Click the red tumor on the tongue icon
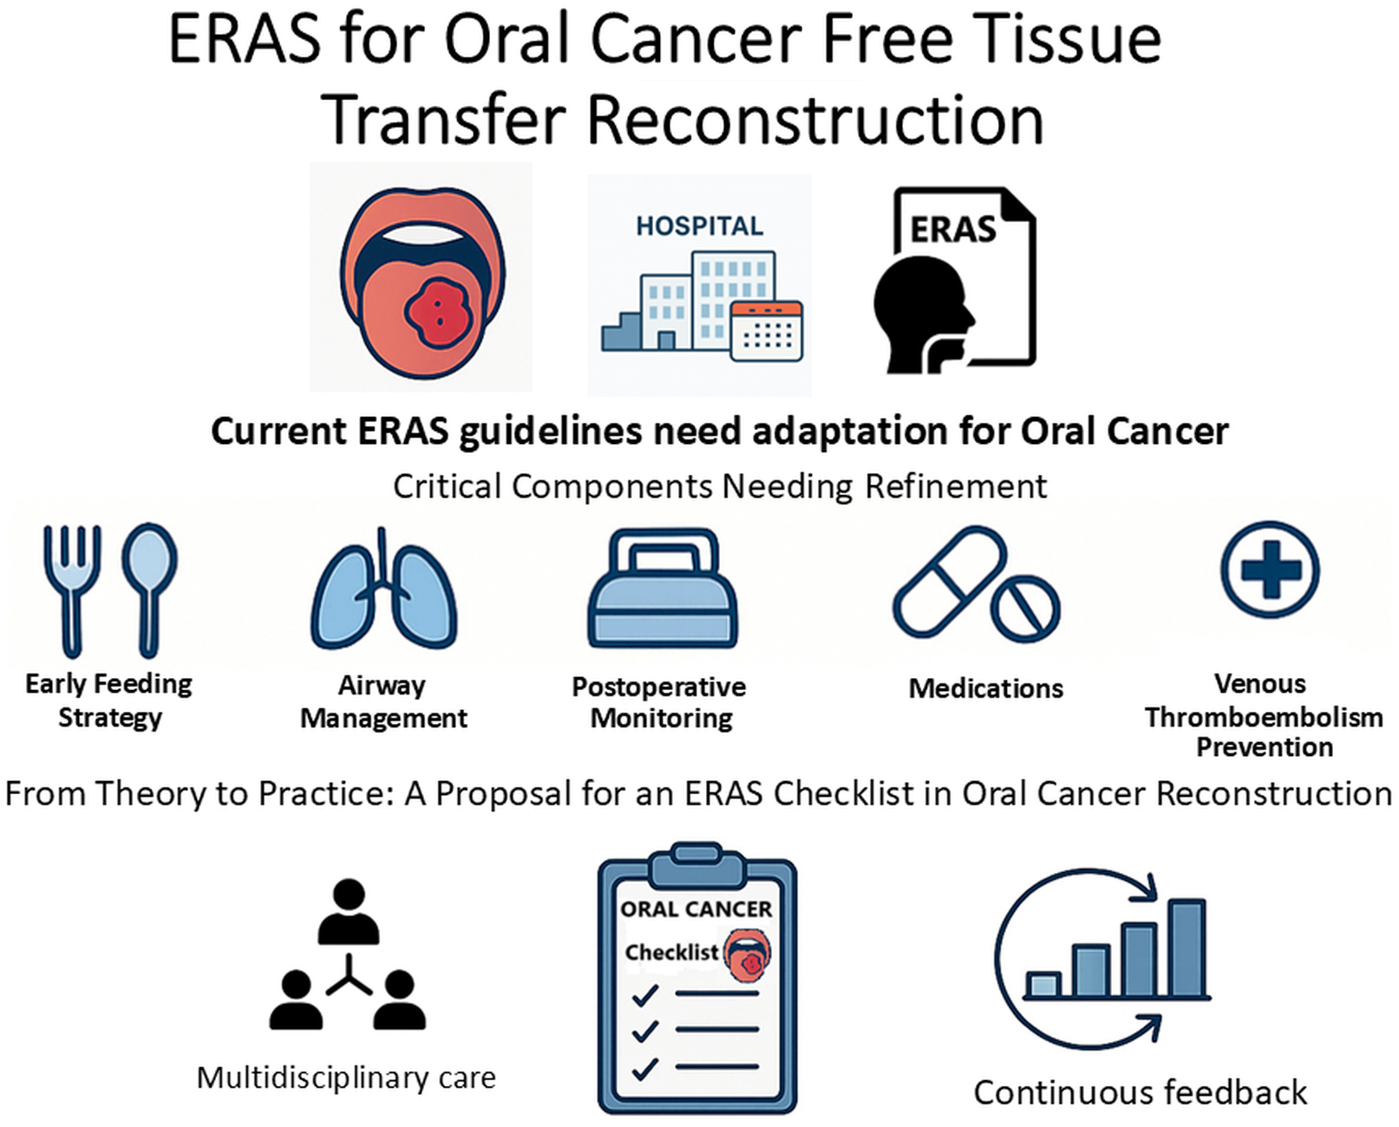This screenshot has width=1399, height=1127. click(x=437, y=313)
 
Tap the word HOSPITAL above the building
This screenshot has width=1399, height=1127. click(x=699, y=226)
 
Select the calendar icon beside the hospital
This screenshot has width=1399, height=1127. click(x=767, y=331)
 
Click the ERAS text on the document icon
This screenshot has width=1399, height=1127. click(x=953, y=230)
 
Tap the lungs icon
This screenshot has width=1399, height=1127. click(x=383, y=590)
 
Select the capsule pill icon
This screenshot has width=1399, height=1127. click(x=950, y=582)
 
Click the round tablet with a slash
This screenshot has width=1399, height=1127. click(x=1025, y=609)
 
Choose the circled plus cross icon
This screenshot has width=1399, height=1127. click(x=1271, y=570)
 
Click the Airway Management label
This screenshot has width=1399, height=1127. click(x=383, y=702)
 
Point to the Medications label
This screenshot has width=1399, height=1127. click(x=985, y=688)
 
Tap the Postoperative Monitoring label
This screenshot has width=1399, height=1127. click(x=659, y=702)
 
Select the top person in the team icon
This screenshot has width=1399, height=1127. click(x=349, y=911)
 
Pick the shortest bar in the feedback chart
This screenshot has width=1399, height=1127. click(x=1043, y=984)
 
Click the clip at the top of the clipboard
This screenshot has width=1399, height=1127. click(x=697, y=863)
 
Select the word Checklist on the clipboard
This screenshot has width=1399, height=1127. click(x=672, y=952)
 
